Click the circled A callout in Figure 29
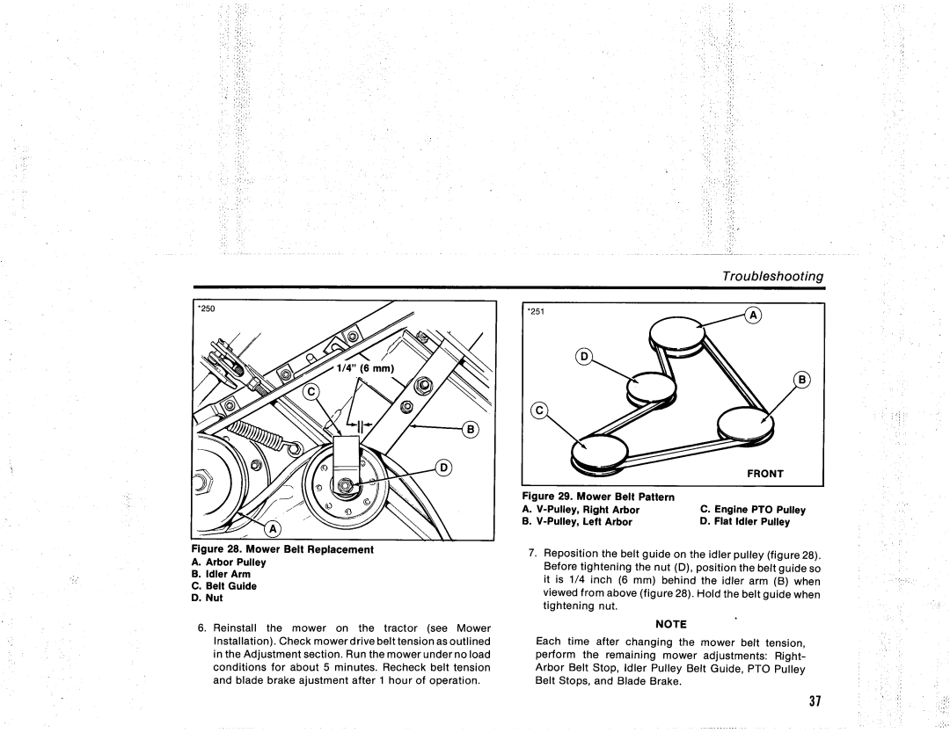point(753,316)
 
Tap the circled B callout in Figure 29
point(801,380)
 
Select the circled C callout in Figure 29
point(538,411)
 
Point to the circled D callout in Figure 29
point(583,357)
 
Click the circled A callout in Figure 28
point(273,529)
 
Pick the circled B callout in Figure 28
point(470,429)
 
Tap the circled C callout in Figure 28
point(311,392)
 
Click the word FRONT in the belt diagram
point(764,474)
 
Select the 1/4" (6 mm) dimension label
point(365,368)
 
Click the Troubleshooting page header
point(772,276)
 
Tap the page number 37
point(815,700)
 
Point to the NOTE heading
point(670,625)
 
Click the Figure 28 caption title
point(282,549)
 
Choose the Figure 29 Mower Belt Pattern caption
point(598,497)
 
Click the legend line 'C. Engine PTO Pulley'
point(752,510)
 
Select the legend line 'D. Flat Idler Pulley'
point(745,522)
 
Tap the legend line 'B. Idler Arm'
point(221,574)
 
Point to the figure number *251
point(536,312)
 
